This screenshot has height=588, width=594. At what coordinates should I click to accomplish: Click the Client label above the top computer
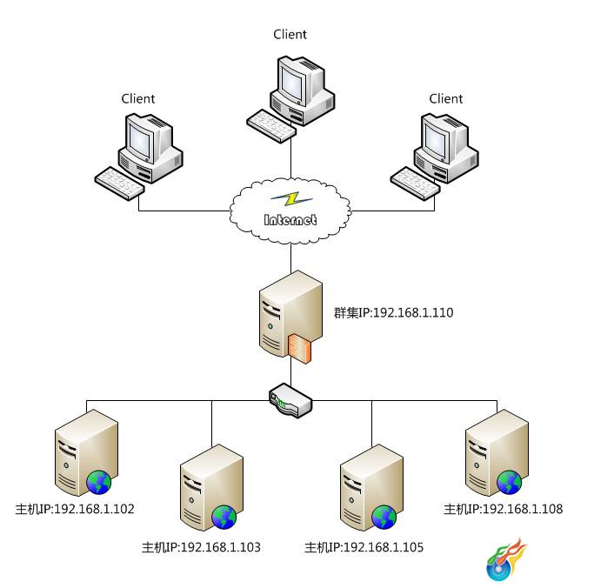coord(290,35)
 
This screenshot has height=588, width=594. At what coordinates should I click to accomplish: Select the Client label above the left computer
coord(138,99)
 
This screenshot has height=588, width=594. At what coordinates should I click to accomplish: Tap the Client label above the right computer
coord(446,99)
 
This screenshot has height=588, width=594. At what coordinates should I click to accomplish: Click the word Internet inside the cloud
coord(290,220)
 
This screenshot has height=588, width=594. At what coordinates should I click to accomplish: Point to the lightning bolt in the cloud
coord(291,199)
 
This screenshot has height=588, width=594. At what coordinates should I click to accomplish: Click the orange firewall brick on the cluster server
coord(299,349)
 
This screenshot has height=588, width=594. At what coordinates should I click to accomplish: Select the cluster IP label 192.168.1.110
coord(394,312)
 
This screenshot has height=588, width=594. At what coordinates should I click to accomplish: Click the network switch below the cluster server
coord(290,400)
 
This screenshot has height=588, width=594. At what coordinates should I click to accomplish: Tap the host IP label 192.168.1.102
coord(75,509)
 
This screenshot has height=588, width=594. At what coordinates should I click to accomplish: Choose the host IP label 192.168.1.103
coord(201,547)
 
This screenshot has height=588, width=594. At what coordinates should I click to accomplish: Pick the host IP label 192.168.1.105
coord(364,547)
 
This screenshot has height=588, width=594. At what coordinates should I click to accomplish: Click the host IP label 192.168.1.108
coord(503,509)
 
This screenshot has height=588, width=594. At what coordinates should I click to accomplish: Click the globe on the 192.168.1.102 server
coord(99,482)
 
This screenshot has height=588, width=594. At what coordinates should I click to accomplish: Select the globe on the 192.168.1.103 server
coord(224,518)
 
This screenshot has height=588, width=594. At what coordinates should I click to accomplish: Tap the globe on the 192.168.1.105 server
coord(384,518)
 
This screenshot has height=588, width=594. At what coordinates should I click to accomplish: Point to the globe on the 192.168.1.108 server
coord(509,482)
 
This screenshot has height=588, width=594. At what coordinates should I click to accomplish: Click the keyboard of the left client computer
coord(119,184)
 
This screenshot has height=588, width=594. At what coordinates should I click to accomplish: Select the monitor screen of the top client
coord(291,84)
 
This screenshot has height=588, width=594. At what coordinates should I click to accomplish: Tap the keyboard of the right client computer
coord(415,184)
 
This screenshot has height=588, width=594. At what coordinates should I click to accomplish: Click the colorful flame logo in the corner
coord(506,559)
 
